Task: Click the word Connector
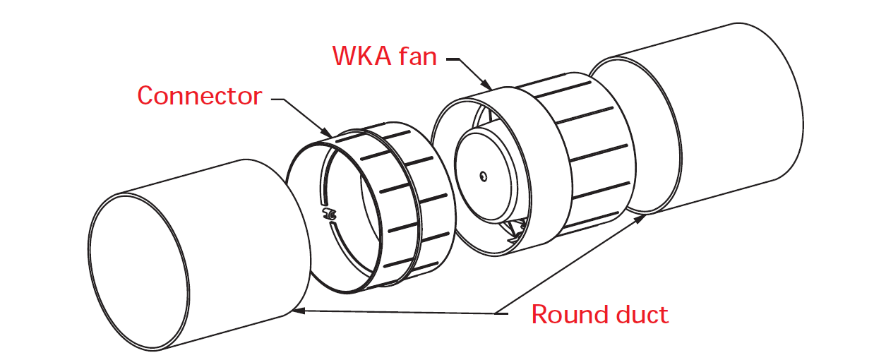pos(199,96)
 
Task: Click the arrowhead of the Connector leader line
pos(329,133)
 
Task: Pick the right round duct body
pos(727,120)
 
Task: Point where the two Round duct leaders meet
pos(497,312)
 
